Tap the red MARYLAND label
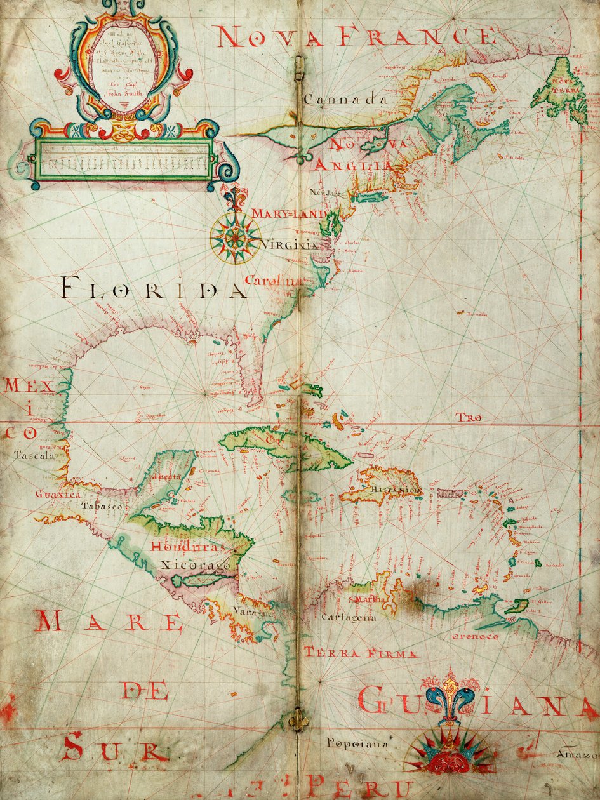click(289, 213)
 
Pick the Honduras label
click(189, 547)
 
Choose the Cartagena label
click(349, 617)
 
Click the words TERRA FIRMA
click(361, 653)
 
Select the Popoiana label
click(350, 742)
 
